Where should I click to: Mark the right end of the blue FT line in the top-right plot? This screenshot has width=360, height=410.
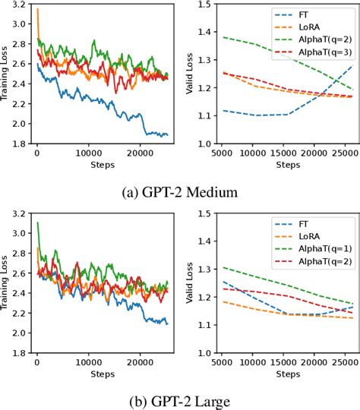pos(352,65)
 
